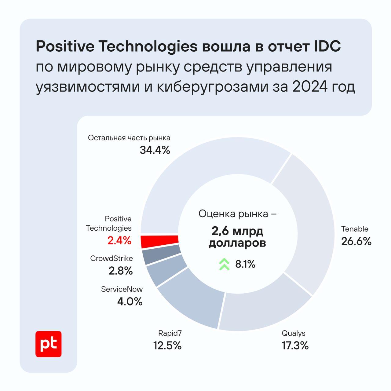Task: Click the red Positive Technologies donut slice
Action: pyautogui.click(x=159, y=241)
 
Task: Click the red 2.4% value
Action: pyautogui.click(x=119, y=241)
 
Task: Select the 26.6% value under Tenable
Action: pyautogui.click(x=356, y=242)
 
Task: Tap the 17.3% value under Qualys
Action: pyautogui.click(x=295, y=346)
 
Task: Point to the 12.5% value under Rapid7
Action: pyautogui.click(x=167, y=346)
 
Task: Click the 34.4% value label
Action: pyautogui.click(x=155, y=150)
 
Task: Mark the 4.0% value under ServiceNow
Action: pyautogui.click(x=130, y=302)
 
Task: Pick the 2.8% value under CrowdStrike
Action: pyautogui.click(x=121, y=271)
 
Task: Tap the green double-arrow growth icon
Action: pyautogui.click(x=224, y=264)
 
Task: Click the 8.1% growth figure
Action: pyautogui.click(x=245, y=264)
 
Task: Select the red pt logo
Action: pyautogui.click(x=48, y=344)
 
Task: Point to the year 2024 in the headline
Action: pyautogui.click(x=309, y=87)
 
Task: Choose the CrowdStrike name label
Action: pyautogui.click(x=111, y=258)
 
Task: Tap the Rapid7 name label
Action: pyautogui.click(x=168, y=333)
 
